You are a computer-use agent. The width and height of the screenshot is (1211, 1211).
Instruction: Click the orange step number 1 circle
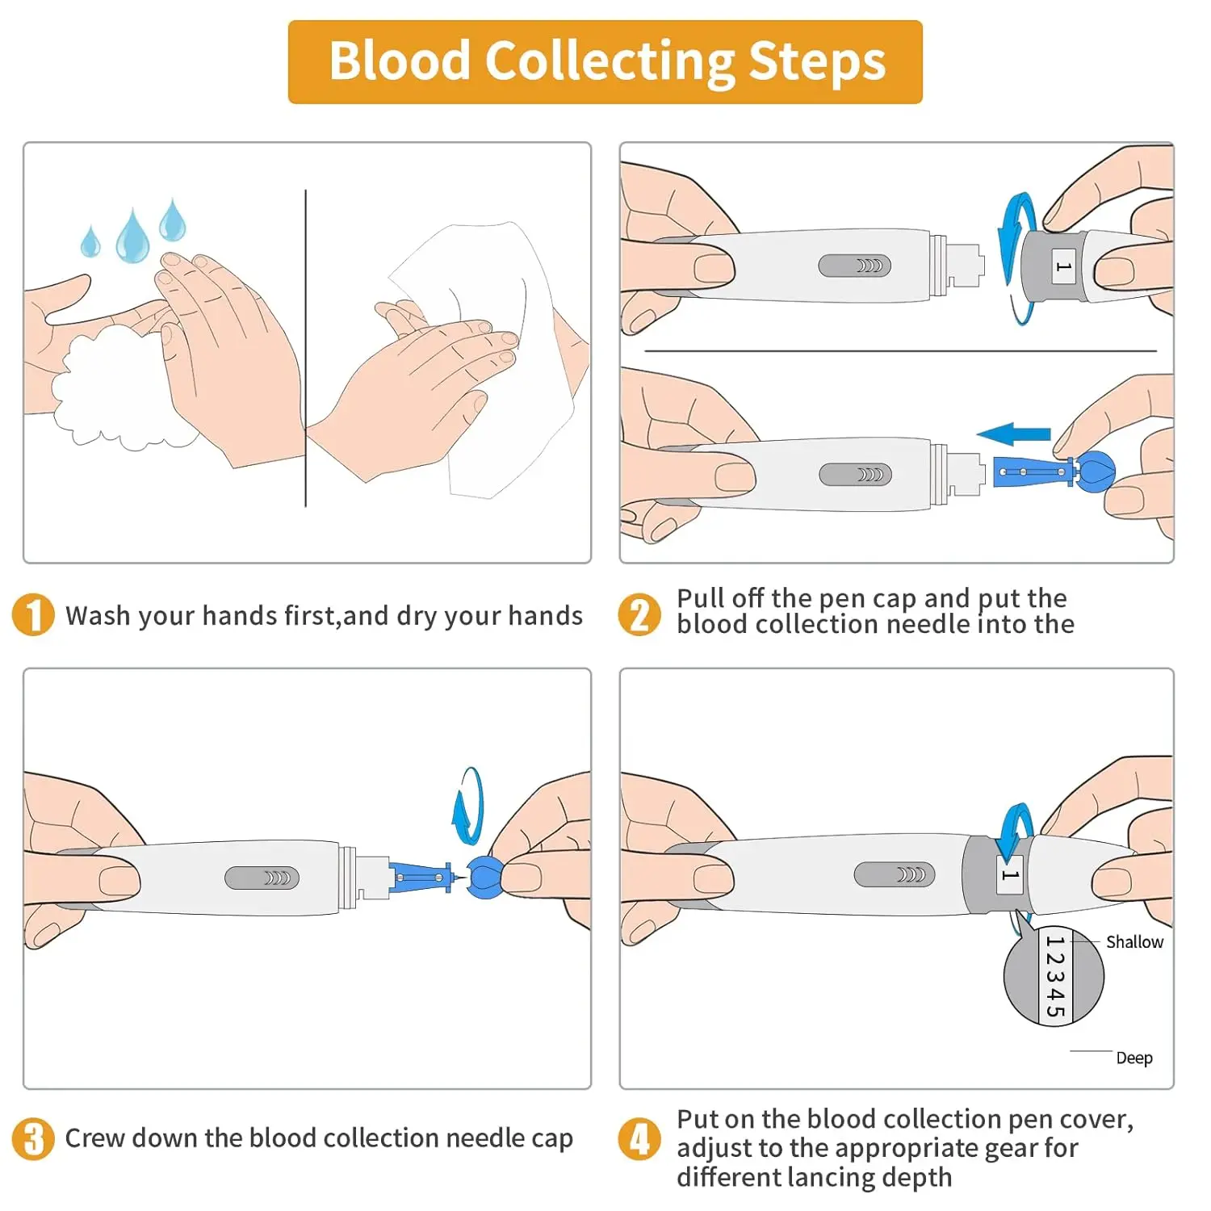click(33, 615)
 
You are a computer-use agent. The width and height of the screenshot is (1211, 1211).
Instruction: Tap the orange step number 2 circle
click(639, 615)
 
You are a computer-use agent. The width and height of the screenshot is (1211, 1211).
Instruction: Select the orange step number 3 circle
click(33, 1138)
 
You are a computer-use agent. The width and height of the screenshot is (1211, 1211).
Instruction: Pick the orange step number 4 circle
click(639, 1138)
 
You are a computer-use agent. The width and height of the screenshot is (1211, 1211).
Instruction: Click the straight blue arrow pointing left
click(1014, 434)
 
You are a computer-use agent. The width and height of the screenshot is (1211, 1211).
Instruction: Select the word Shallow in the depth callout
click(1134, 942)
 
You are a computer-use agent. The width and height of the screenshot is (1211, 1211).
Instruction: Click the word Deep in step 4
click(1134, 1058)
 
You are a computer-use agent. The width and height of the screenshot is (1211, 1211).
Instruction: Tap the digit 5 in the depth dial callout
click(1054, 1009)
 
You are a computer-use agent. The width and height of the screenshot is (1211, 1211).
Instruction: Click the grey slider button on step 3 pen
click(262, 878)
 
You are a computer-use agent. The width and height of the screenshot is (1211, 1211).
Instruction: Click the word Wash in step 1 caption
click(98, 616)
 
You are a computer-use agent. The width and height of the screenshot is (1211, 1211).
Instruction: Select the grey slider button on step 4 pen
click(895, 874)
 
